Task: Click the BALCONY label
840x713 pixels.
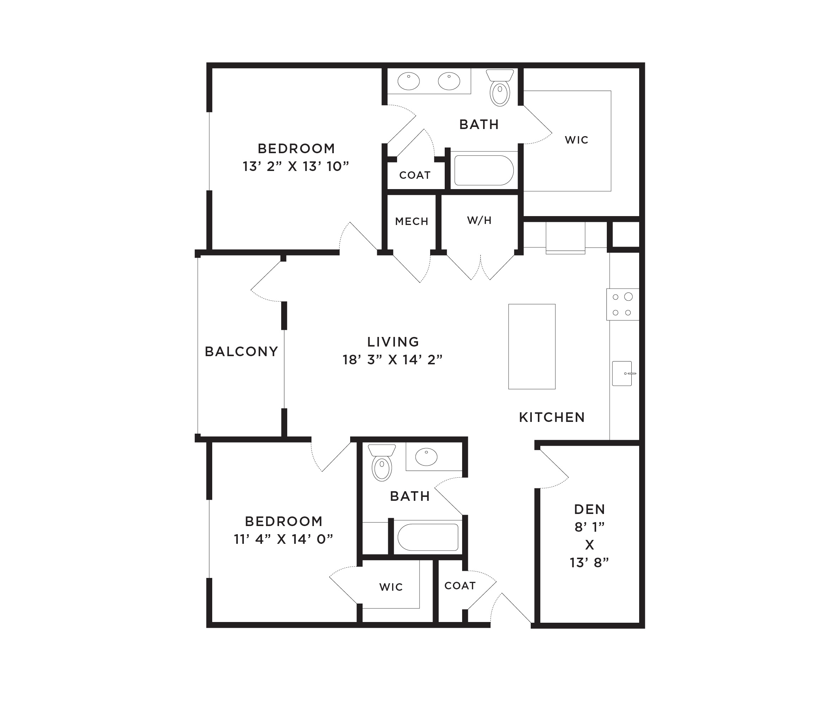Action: tap(241, 352)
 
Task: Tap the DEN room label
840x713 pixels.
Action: tap(589, 509)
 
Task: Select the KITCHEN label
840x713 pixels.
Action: tap(552, 417)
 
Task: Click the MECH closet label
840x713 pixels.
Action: tap(412, 221)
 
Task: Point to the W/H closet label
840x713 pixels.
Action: tap(480, 220)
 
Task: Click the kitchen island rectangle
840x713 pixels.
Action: tap(531, 347)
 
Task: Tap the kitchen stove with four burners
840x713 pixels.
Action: tap(622, 304)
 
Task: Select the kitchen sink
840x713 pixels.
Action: tap(622, 374)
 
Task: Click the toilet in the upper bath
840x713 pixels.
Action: tap(500, 88)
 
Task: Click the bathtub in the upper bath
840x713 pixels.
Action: tap(484, 170)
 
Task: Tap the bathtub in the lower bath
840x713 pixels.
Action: tap(428, 537)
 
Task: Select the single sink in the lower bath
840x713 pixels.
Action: tap(426, 457)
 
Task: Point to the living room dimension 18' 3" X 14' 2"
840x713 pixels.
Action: tap(392, 360)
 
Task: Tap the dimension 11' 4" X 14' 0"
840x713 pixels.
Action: tap(283, 539)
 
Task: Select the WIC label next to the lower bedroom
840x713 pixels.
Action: tap(391, 587)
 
